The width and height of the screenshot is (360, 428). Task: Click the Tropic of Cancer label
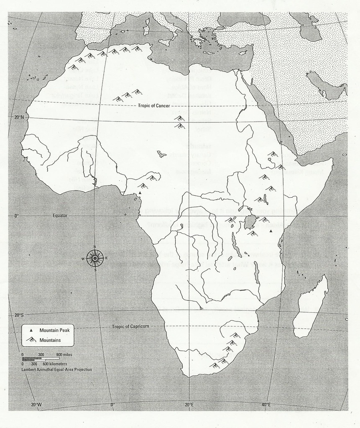pos(153,106)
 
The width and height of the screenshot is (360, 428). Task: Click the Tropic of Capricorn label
pos(130,326)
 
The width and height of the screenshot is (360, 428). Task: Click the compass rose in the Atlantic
pos(95,258)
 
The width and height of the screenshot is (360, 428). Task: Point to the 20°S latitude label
pos(19,315)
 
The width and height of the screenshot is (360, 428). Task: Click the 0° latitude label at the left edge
pos(17,216)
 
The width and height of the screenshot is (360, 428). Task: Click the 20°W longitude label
pos(36,405)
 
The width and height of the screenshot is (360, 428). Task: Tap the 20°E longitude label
pos(189,405)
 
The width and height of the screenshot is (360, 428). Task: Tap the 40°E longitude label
pos(266,405)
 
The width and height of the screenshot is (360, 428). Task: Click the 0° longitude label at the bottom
pos(112,405)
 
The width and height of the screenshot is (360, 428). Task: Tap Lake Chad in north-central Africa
pos(161,154)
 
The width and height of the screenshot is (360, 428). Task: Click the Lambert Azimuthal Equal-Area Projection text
pos(56,369)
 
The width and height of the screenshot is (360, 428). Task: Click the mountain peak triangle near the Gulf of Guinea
pos(140,193)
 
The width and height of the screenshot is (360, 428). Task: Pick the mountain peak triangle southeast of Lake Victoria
pos(271,231)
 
